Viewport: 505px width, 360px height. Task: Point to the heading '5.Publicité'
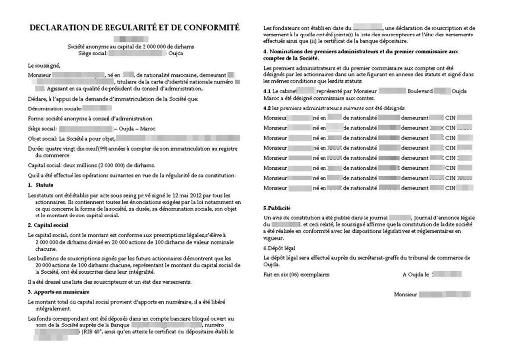(x=277, y=208)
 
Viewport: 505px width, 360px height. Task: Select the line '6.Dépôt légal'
(x=280, y=248)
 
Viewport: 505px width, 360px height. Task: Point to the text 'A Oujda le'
(x=416, y=274)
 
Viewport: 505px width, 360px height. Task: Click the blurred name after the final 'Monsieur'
(x=445, y=294)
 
